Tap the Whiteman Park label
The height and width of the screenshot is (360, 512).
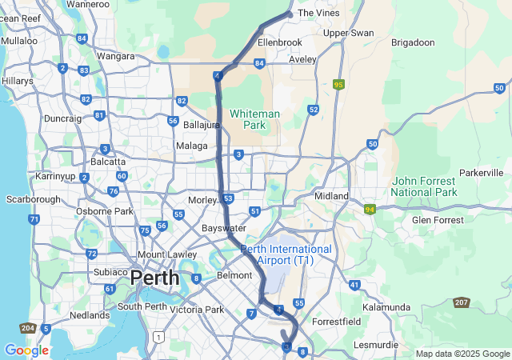click(x=255, y=119)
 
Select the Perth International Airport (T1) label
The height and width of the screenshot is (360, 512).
click(x=286, y=254)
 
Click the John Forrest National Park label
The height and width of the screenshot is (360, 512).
click(x=424, y=186)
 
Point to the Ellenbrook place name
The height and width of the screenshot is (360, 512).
click(x=280, y=42)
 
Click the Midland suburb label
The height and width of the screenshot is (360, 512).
click(x=331, y=196)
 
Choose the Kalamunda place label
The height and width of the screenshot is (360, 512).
click(x=386, y=307)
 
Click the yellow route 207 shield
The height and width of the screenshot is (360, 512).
click(x=462, y=302)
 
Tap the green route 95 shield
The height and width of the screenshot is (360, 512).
click(x=339, y=84)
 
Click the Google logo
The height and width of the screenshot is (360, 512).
click(x=26, y=350)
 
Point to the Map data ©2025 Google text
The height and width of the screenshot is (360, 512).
click(x=462, y=354)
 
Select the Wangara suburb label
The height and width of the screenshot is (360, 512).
click(x=115, y=56)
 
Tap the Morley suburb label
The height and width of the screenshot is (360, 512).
click(x=202, y=199)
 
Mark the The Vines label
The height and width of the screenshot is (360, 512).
click(x=318, y=13)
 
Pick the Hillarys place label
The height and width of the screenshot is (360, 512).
click(x=17, y=81)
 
